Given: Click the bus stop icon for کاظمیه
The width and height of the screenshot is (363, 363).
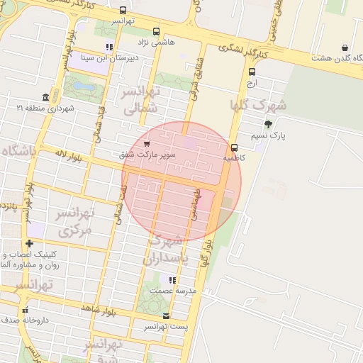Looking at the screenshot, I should (x=234, y=147).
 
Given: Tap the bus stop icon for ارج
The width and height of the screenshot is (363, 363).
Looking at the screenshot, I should (x=252, y=72).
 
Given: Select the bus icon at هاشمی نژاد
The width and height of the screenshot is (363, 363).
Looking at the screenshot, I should (x=156, y=31).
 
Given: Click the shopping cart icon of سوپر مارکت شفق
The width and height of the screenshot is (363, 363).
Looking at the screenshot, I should (x=147, y=144).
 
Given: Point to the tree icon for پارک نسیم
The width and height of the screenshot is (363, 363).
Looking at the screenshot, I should (x=267, y=124).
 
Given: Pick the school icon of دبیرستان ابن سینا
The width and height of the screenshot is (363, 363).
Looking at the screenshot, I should (x=108, y=48).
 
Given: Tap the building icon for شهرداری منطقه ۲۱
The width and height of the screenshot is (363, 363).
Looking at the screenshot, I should (x=45, y=97).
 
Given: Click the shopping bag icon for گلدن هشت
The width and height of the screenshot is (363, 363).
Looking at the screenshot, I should (x=345, y=48).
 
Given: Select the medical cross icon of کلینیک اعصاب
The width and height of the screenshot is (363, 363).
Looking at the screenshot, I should (x=28, y=244).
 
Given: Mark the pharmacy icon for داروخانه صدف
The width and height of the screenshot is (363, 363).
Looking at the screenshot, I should (x=26, y=310).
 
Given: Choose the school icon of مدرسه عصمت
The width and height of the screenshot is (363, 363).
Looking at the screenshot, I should (x=170, y=280).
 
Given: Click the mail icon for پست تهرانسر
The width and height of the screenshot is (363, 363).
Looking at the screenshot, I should (x=166, y=315).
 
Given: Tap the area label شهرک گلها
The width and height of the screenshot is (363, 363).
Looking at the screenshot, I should (x=259, y=105).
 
